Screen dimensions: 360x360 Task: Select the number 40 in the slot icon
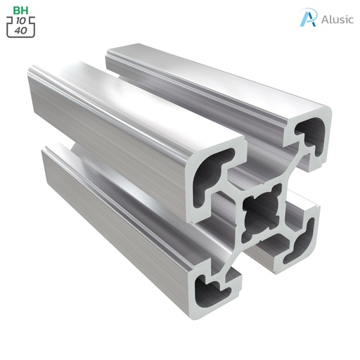click(x=20, y=30)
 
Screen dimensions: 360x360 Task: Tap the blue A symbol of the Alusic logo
click(x=307, y=18)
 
